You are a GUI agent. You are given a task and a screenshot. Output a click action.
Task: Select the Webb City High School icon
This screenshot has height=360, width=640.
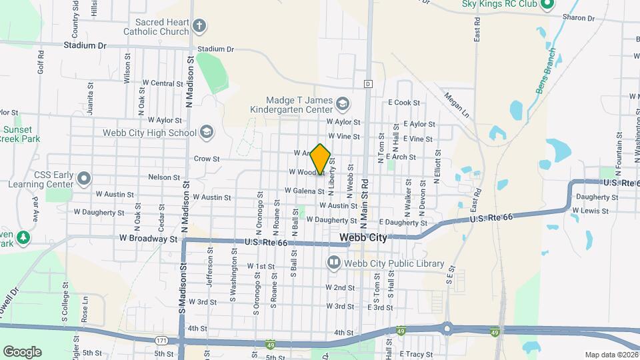206,132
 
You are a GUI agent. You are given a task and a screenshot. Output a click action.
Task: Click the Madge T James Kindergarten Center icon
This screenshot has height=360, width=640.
342,103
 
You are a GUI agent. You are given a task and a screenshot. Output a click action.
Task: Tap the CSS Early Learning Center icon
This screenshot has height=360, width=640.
84,179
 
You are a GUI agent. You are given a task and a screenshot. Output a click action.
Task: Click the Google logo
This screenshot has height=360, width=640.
22,352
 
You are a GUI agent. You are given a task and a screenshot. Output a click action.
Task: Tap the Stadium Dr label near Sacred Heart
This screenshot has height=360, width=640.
216,49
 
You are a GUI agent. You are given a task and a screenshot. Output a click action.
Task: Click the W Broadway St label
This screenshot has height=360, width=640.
148,238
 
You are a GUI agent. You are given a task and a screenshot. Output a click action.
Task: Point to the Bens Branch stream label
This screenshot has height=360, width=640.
544,71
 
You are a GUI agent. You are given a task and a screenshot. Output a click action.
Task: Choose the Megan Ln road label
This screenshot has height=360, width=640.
456,104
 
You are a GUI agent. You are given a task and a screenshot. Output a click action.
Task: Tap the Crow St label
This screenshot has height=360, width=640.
207,159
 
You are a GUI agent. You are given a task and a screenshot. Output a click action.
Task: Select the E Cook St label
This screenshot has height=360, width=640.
404,103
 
